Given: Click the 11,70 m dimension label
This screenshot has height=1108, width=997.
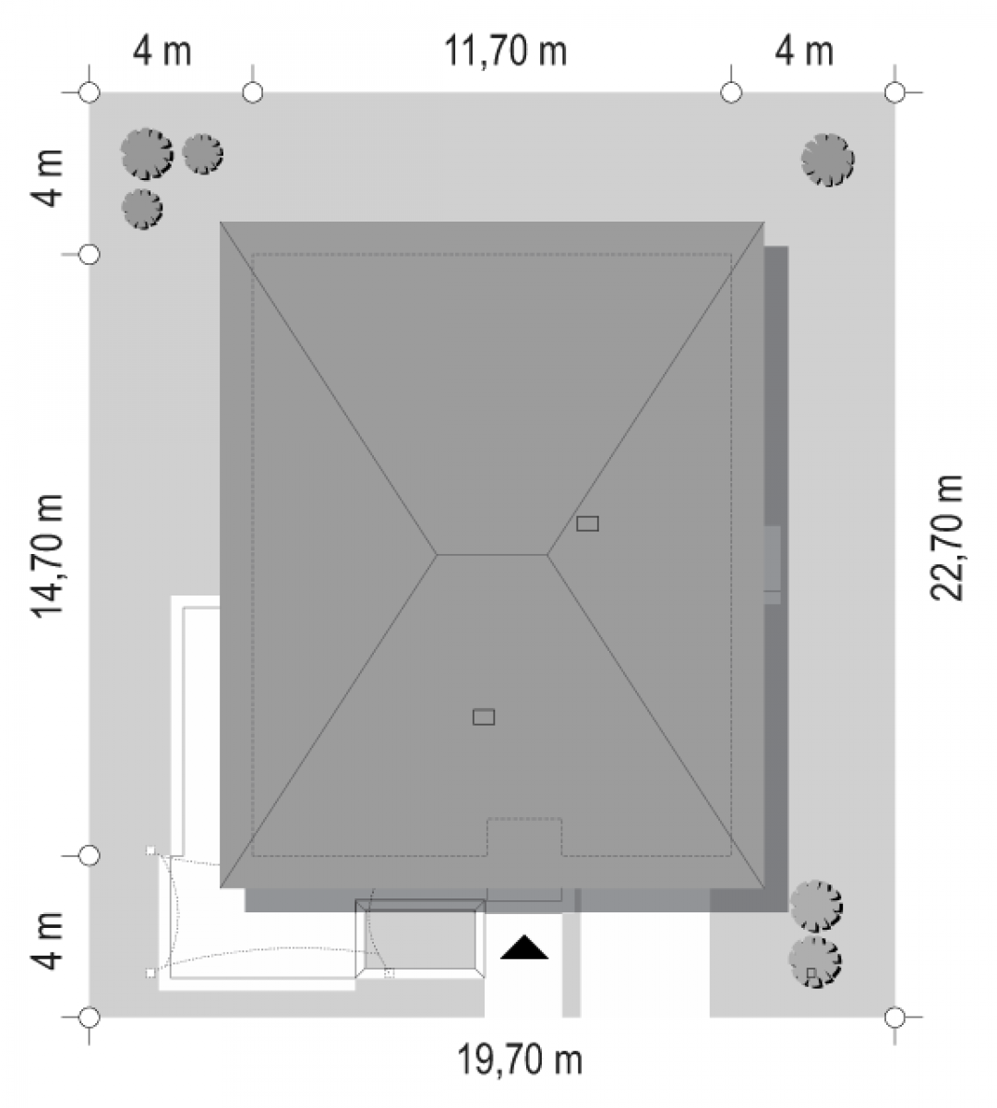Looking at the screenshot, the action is tap(505, 52).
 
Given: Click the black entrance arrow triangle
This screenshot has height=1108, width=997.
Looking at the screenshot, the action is tap(524, 948).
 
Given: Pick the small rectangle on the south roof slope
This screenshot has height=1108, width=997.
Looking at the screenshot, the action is tap(484, 717).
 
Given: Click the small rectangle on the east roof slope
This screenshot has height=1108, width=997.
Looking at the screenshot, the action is tap(587, 524).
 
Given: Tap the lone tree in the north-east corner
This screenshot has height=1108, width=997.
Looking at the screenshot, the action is tap(827, 160).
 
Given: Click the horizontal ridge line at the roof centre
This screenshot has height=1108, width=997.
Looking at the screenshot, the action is tap(492, 554).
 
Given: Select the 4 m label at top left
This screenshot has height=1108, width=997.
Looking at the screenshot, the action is tap(162, 52).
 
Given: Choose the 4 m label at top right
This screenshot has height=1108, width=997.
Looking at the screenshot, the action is tap(804, 52).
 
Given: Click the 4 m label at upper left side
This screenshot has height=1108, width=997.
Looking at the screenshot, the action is tap(47, 178).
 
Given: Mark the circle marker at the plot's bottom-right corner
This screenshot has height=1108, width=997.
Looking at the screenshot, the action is tap(895, 1017).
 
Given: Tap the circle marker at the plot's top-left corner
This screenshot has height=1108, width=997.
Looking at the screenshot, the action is tap(90, 92).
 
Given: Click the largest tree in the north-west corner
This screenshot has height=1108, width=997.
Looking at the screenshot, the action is tap(147, 154).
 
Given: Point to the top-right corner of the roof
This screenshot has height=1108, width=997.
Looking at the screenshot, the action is tap(764, 223).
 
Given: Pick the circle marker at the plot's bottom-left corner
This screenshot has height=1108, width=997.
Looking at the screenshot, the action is tap(90, 1017).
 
